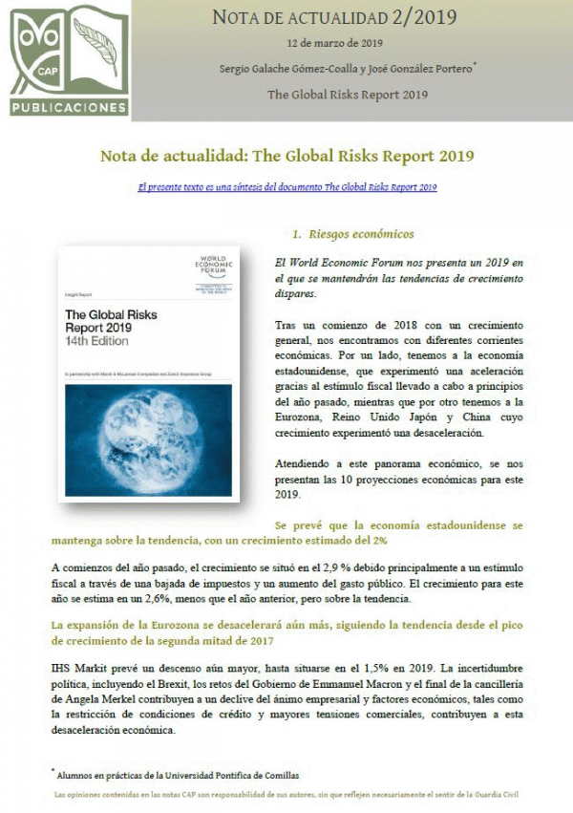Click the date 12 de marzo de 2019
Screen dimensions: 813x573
coord(334,44)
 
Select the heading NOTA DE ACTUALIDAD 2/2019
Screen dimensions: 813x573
coord(333,17)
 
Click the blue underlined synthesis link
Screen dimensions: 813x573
coord(287,188)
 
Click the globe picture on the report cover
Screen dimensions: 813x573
coord(149,439)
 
